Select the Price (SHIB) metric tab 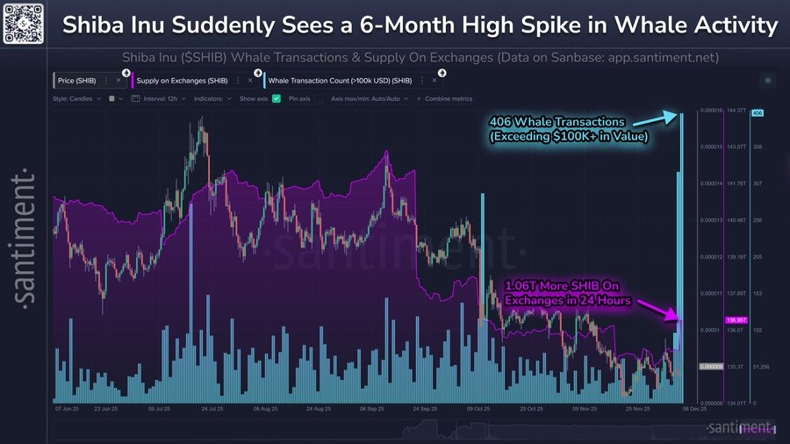point(76,80)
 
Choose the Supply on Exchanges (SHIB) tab point(179,80)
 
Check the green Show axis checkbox point(276,98)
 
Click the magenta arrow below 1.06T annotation point(657,307)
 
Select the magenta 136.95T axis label point(735,320)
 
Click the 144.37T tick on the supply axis point(735,111)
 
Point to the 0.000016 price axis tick point(709,111)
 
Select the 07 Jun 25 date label point(68,409)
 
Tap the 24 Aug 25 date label point(317,409)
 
